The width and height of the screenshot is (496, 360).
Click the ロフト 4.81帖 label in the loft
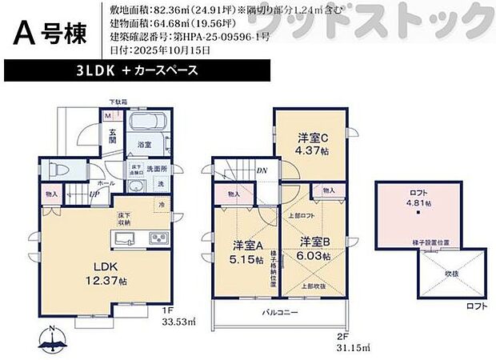[x=419, y=198]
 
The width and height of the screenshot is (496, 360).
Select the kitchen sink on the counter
[x=129, y=238]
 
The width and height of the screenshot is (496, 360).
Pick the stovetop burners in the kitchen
[x=156, y=238]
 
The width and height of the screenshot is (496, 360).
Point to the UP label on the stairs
[x=95, y=194]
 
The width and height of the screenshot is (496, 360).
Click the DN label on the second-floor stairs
[x=262, y=170]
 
